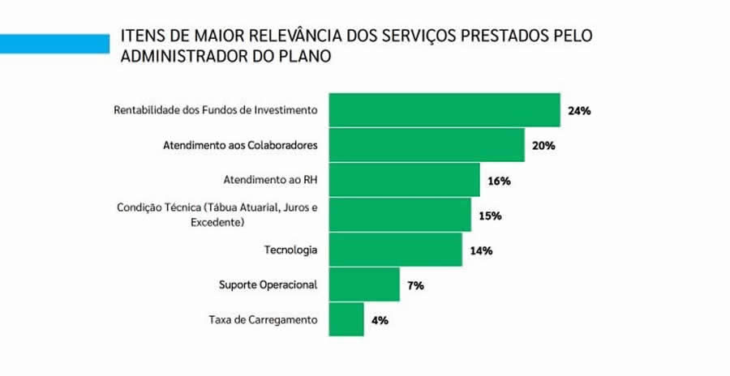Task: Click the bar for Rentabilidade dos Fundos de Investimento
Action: click(444, 110)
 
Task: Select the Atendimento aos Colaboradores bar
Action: click(427, 146)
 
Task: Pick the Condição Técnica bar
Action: click(400, 216)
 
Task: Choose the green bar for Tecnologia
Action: click(395, 250)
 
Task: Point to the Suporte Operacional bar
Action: click(364, 285)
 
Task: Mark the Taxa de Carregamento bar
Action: click(346, 319)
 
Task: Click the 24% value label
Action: click(579, 111)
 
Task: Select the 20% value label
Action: click(543, 146)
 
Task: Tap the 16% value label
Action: click(499, 181)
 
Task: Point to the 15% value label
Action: click(490, 216)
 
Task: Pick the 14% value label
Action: click(481, 251)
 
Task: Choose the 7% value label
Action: click(415, 286)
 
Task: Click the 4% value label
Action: click(380, 320)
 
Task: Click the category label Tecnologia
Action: click(291, 250)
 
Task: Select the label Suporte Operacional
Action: click(268, 285)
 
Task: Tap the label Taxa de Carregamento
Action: click(263, 319)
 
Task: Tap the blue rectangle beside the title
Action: click(54, 43)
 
